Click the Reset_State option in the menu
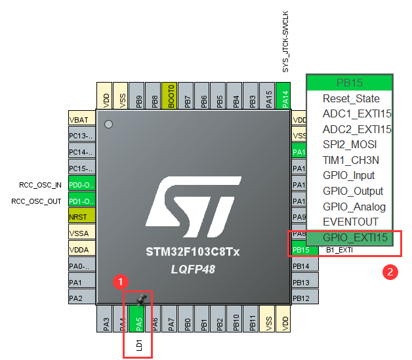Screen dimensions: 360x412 tap(350, 98)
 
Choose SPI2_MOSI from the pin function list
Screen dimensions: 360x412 tap(350, 144)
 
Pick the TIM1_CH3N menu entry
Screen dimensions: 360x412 tap(350, 160)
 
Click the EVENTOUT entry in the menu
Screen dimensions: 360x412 tap(350, 222)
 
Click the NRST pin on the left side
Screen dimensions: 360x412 tap(82, 216)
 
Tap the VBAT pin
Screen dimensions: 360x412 tap(82, 120)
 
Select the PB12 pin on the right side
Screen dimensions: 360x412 tap(300, 298)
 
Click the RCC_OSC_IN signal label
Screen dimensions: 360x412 tap(41, 184)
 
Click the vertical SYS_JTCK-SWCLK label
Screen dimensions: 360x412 tap(285, 41)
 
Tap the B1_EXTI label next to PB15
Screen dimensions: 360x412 tap(340, 250)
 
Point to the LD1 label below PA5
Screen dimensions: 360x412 tap(139, 344)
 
